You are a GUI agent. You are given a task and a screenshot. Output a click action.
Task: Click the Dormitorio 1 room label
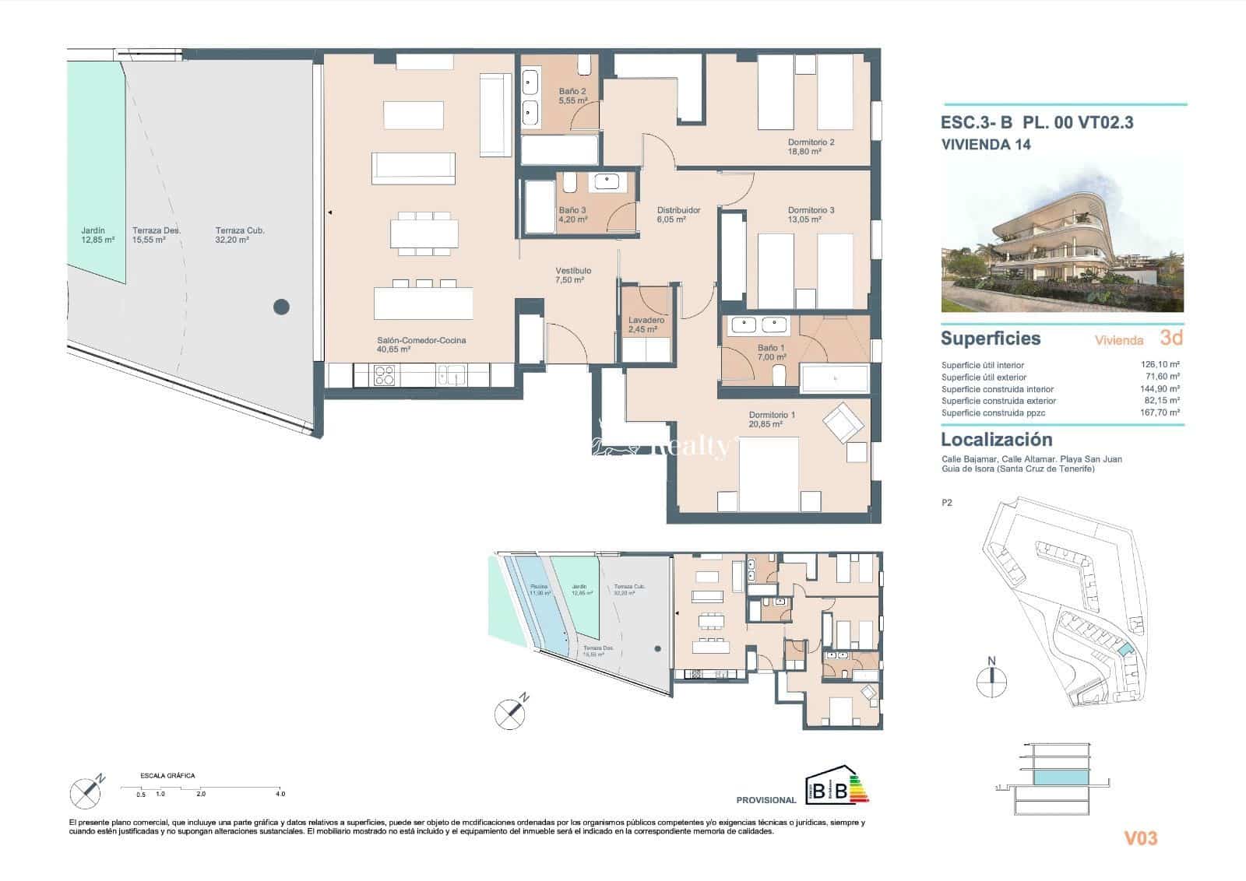coord(772,419)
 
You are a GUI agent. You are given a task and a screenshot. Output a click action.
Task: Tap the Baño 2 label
coord(572,96)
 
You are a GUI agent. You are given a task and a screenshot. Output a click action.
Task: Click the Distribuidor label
coord(678,215)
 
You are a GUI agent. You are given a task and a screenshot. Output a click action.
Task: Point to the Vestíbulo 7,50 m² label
coord(572,275)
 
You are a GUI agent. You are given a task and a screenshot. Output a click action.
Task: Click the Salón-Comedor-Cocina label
coord(421,345)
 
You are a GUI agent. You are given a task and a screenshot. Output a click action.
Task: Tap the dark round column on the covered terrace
coord(281,307)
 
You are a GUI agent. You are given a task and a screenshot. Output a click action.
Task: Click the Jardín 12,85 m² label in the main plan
coord(97,235)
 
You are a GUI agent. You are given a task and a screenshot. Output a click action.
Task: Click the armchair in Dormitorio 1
coord(843,423)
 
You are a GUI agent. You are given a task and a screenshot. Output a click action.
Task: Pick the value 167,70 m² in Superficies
coord(1160,413)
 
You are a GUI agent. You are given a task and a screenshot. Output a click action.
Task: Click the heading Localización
coord(996,440)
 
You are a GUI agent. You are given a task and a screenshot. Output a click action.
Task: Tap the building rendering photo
coord(1061,233)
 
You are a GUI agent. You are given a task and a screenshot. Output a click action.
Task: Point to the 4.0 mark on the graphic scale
coord(280,794)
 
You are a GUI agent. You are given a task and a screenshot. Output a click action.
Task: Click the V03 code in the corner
coord(1140,838)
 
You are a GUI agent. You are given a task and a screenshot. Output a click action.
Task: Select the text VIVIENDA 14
coord(985,144)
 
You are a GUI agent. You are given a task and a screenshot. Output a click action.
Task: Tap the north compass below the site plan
coord(991,678)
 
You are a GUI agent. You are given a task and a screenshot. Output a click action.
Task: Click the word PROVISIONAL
coord(766,800)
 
